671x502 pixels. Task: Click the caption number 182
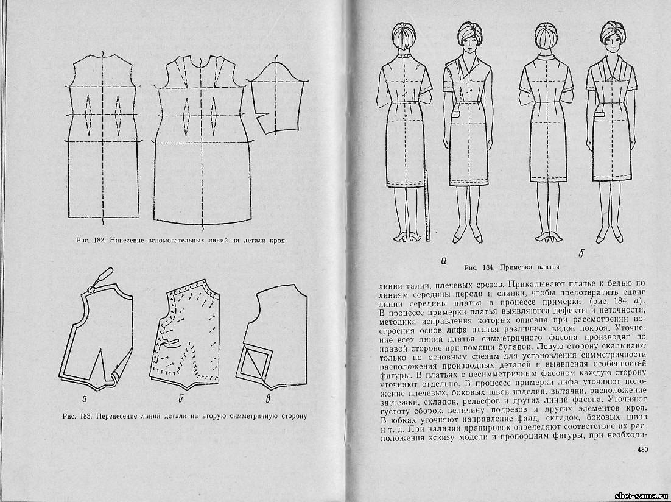coord(97,240)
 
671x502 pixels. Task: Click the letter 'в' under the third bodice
coord(268,400)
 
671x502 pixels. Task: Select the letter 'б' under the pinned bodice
coord(181,399)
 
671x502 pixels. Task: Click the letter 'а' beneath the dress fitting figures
coord(444,260)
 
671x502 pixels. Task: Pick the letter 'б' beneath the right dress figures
coord(581,254)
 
